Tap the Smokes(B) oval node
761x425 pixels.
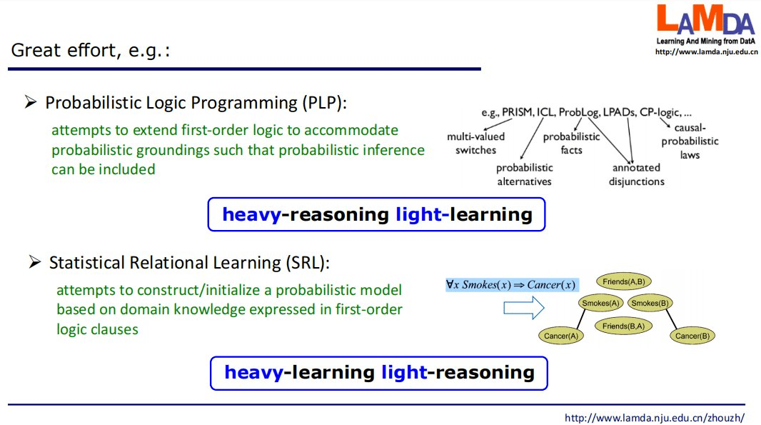point(650,303)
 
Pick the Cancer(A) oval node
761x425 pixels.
point(560,336)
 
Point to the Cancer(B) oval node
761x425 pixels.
point(692,336)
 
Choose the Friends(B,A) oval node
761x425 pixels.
point(623,326)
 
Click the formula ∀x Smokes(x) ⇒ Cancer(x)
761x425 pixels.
point(510,285)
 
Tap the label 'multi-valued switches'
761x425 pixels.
point(475,144)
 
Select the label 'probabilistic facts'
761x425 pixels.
point(571,144)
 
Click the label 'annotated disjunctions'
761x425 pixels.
point(636,174)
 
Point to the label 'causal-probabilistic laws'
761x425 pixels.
point(690,141)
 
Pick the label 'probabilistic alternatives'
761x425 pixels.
point(525,174)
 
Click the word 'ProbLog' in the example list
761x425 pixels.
point(578,113)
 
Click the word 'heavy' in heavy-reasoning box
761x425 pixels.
point(251,214)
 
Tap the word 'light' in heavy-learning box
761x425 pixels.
point(403,372)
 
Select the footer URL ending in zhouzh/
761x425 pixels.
point(654,417)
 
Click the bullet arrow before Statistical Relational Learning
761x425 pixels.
point(34,262)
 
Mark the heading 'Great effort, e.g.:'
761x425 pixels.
point(91,51)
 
